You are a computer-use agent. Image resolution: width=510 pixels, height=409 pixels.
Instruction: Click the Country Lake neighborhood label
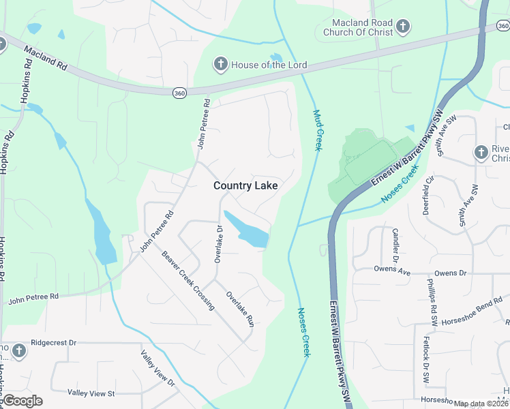coord(245,185)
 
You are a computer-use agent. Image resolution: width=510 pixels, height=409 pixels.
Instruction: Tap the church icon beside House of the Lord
coord(220,65)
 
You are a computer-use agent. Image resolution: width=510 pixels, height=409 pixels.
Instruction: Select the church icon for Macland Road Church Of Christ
coord(403,27)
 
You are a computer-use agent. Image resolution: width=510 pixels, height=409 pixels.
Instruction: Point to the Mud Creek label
coord(317,130)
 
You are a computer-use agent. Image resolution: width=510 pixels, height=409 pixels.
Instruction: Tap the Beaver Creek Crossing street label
coord(188,281)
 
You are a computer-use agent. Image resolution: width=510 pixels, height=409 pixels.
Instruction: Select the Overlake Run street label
coord(240,309)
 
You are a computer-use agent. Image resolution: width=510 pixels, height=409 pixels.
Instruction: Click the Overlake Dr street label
coord(219,243)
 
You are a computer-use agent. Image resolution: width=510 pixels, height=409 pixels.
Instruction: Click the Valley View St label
coord(91,393)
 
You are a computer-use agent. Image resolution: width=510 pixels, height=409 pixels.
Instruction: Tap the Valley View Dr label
coord(158,369)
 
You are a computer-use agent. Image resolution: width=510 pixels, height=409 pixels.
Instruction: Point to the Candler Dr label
coord(395,245)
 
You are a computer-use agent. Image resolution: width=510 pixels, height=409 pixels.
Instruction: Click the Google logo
coord(22,401)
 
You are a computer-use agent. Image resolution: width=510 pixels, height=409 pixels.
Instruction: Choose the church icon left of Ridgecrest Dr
coord(19,350)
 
